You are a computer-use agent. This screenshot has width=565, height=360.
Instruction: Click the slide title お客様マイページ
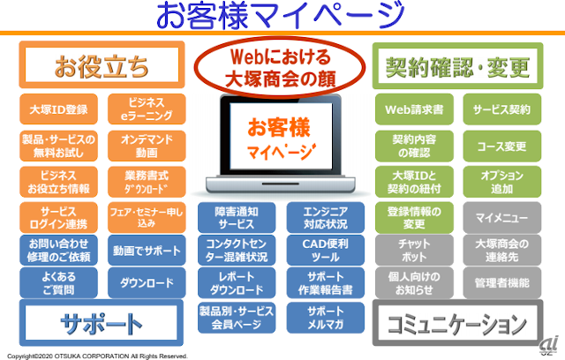[x=282, y=16]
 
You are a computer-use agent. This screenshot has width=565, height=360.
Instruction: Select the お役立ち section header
[x=102, y=65]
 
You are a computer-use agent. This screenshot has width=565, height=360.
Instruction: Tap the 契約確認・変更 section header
[x=457, y=65]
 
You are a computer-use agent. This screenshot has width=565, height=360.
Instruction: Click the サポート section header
[x=102, y=324]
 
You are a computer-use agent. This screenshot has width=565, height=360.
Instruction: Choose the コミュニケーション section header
[x=457, y=324]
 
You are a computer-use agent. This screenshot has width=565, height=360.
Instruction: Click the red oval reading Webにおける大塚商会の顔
[x=281, y=66]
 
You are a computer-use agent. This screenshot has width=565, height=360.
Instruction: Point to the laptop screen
[x=280, y=138]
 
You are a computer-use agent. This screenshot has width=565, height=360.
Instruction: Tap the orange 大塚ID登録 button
[x=58, y=110]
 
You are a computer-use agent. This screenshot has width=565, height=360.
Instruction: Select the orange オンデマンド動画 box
[x=147, y=144]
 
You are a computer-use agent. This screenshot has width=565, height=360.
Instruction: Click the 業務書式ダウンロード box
[x=147, y=181]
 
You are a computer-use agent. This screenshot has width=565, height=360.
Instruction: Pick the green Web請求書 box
[x=414, y=110]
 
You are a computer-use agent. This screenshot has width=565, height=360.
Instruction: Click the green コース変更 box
[x=501, y=144]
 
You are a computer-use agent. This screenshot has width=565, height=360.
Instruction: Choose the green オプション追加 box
[x=501, y=181]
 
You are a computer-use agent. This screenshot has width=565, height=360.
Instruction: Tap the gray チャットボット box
[x=414, y=250]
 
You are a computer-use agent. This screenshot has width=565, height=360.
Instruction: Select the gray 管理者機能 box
[x=501, y=283]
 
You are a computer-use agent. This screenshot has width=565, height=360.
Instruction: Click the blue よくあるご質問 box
[x=58, y=283]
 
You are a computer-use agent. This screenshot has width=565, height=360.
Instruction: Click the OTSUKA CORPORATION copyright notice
[x=95, y=356]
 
